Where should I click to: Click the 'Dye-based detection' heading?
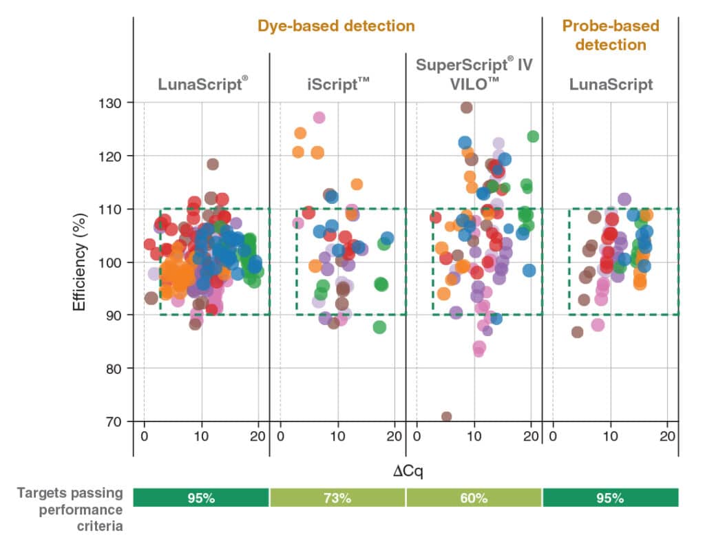click(336, 26)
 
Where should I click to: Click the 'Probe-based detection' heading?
click(610, 35)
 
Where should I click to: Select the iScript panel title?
click(337, 85)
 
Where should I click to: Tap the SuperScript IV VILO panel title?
click(474, 76)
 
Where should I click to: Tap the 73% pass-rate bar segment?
click(337, 497)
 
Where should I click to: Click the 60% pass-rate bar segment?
click(474, 497)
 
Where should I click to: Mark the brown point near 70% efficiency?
click(446, 417)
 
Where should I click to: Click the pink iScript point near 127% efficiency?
click(319, 117)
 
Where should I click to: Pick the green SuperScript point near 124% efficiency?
click(533, 136)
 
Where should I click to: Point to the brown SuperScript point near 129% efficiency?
click(466, 107)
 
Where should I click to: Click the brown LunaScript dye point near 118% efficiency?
click(213, 164)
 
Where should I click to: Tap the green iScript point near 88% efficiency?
click(379, 327)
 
